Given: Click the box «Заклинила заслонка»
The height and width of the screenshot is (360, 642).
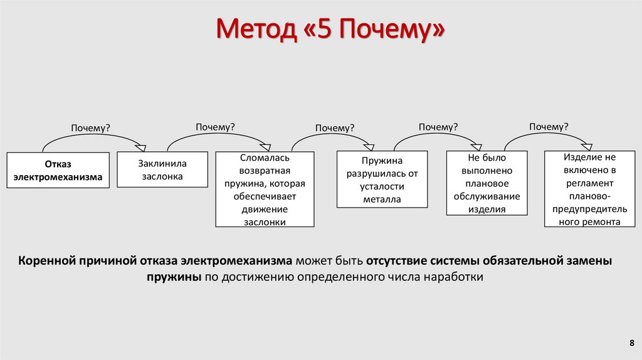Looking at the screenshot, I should click(x=162, y=169).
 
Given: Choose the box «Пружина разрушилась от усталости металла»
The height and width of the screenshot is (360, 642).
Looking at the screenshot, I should click(x=382, y=179).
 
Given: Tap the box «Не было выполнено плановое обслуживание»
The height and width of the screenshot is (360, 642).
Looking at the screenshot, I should click(x=487, y=183).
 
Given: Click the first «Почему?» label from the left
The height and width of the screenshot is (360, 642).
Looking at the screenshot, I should click(x=90, y=128).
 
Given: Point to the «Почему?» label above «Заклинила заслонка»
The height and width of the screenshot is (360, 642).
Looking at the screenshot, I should click(x=215, y=127).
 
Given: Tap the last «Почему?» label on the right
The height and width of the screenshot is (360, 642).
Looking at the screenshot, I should click(x=549, y=127).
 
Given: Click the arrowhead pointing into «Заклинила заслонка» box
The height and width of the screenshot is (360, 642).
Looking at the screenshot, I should click(x=141, y=148).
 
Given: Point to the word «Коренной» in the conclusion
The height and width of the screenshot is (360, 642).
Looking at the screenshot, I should click(x=46, y=260).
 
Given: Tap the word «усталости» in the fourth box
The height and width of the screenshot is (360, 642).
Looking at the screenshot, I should click(x=382, y=186).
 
